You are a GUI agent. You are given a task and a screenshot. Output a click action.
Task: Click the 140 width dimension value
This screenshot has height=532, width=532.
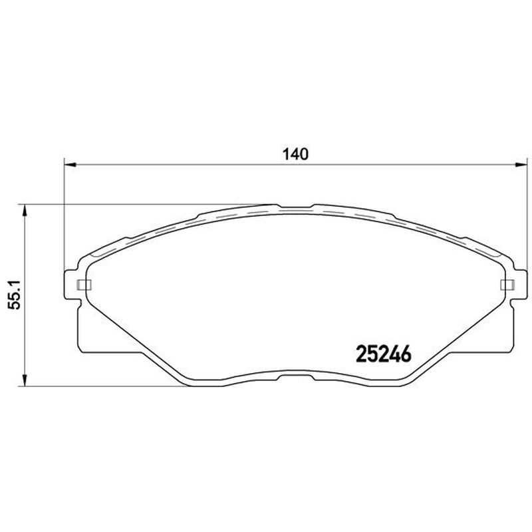[296, 154]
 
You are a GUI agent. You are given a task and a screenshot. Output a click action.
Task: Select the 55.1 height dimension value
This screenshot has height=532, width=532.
[15, 295]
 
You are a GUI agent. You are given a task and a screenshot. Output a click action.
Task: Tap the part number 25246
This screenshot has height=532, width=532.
[384, 354]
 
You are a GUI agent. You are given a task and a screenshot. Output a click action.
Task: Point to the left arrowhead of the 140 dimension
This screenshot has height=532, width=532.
[70, 165]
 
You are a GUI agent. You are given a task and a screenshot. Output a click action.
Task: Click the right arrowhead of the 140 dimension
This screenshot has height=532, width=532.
[521, 165]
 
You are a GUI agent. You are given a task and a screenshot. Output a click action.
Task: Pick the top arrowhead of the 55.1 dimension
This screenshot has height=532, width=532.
[24, 210]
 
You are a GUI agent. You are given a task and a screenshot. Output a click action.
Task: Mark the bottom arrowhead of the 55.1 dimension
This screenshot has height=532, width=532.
[24, 380]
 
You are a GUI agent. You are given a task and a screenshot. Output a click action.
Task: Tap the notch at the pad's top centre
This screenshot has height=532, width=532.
[296, 207]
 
